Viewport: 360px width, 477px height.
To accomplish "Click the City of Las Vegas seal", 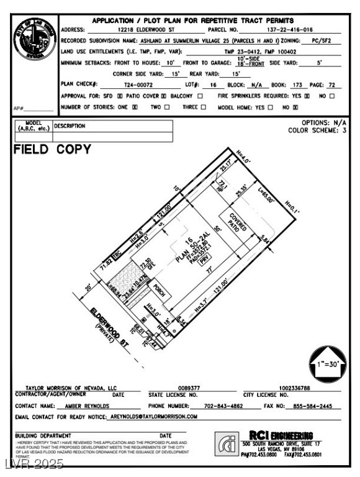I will (x=36, y=40).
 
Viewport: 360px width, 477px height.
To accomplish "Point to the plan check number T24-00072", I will (x=138, y=84).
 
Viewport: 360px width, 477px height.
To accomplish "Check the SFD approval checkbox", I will (x=120, y=96).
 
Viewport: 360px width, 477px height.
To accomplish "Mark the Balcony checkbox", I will (x=200, y=96).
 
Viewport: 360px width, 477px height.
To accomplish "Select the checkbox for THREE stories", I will (x=202, y=107).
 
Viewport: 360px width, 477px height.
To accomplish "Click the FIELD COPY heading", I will (x=52, y=150).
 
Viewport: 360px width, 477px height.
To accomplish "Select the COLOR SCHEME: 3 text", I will (x=317, y=131).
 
